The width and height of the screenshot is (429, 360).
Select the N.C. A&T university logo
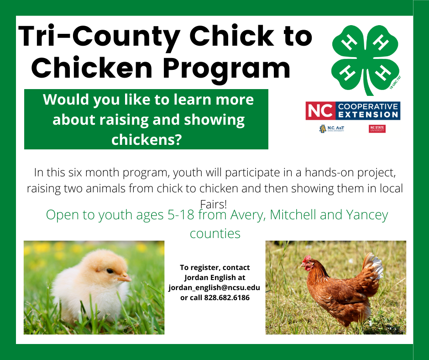(x=332, y=129)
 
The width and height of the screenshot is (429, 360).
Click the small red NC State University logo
(x=377, y=129)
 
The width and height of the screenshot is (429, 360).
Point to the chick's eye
(x=110, y=271)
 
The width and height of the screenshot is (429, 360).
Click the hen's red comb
(x=307, y=259)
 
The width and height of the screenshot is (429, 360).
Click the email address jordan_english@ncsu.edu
(x=214, y=288)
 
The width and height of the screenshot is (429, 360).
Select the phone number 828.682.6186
(x=227, y=297)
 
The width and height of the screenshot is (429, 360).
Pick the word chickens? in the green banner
(x=146, y=139)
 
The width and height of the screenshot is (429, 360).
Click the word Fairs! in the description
(x=214, y=204)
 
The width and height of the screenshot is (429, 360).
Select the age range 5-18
(x=181, y=215)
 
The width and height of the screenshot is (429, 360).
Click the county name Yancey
(x=367, y=215)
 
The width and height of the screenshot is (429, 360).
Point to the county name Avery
(x=248, y=215)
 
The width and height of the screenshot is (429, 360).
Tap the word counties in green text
(x=215, y=233)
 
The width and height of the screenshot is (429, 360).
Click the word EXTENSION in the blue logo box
(x=368, y=115)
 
